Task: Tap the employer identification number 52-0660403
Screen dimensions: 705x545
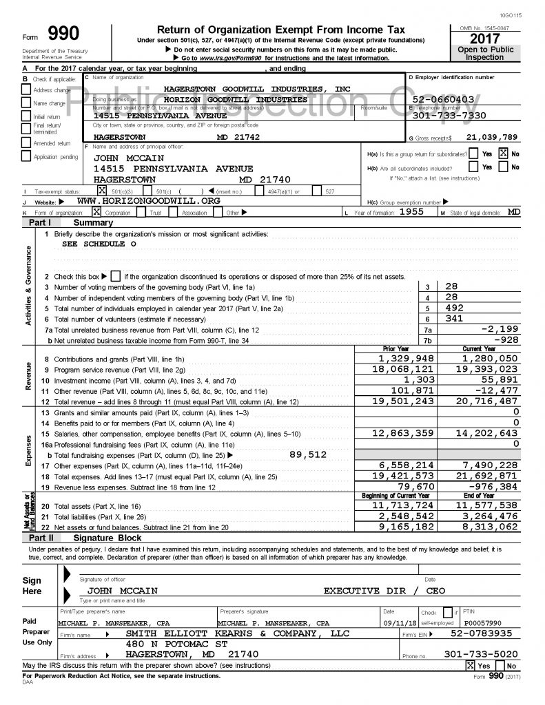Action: [442, 99]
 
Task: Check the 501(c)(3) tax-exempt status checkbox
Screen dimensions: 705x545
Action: [103, 190]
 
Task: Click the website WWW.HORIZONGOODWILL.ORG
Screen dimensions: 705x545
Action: [149, 200]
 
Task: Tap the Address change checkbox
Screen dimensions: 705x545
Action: [27, 90]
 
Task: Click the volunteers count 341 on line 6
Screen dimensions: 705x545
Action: [455, 319]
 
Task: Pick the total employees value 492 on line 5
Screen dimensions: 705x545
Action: [455, 308]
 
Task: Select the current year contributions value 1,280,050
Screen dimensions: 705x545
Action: [489, 359]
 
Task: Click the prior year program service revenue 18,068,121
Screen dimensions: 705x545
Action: [406, 370]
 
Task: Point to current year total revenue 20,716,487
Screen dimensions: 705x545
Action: [489, 401]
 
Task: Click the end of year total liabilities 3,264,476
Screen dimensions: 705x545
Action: [489, 515]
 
